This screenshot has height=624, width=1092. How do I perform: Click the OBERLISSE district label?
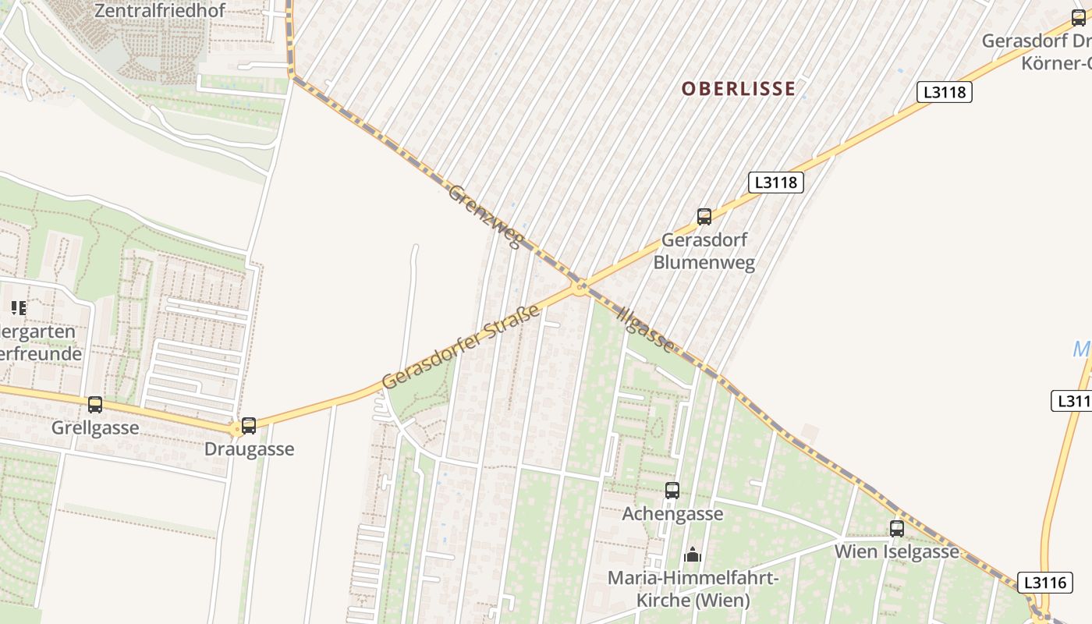click(x=739, y=89)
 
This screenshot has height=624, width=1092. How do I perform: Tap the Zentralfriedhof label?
click(x=160, y=11)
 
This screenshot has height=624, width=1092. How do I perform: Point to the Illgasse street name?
click(x=646, y=328)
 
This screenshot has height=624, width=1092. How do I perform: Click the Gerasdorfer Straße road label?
click(x=461, y=348)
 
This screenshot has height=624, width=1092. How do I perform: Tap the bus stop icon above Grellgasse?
click(x=95, y=405)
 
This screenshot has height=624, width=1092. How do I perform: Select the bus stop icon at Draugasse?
click(x=249, y=426)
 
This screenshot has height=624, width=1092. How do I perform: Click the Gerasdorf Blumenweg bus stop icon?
click(x=704, y=217)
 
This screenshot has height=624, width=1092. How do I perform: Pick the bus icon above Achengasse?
click(x=672, y=491)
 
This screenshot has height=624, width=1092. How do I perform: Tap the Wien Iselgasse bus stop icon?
click(x=897, y=529)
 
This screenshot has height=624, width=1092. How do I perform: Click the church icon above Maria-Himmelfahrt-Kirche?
click(x=693, y=555)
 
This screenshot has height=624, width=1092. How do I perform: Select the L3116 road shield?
click(x=1044, y=583)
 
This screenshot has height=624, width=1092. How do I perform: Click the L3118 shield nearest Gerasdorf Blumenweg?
click(x=775, y=183)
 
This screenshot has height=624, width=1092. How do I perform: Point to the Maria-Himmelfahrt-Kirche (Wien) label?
click(x=693, y=590)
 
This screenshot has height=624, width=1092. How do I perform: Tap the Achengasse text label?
click(x=672, y=514)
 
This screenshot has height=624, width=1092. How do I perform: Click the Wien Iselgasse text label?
click(x=897, y=551)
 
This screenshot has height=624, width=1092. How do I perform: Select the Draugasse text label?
click(x=249, y=449)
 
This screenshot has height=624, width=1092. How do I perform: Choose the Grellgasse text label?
click(x=95, y=428)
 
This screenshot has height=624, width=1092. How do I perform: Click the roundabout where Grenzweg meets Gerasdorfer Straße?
click(x=580, y=288)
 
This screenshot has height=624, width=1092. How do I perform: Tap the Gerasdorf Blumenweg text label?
click(x=704, y=250)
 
